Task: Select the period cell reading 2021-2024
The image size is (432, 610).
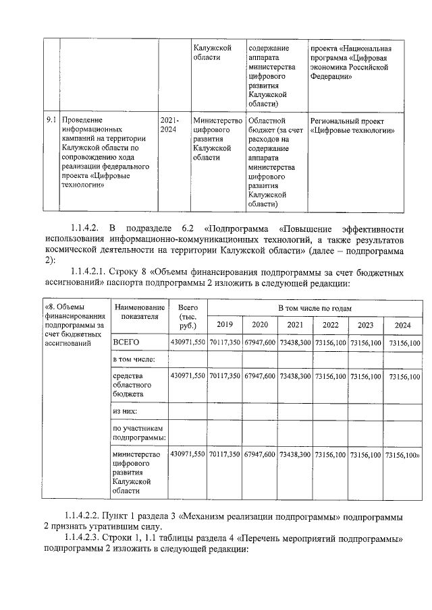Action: (169, 124)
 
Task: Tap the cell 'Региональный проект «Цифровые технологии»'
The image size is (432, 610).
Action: (352, 125)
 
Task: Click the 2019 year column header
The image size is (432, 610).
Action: (224, 324)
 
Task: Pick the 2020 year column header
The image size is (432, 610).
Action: (259, 324)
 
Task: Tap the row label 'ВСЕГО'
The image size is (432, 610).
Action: (126, 343)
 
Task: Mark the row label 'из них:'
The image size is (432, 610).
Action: (126, 410)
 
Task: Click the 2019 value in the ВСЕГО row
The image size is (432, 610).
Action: (224, 343)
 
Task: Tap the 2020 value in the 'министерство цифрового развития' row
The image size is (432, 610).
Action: (259, 454)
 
